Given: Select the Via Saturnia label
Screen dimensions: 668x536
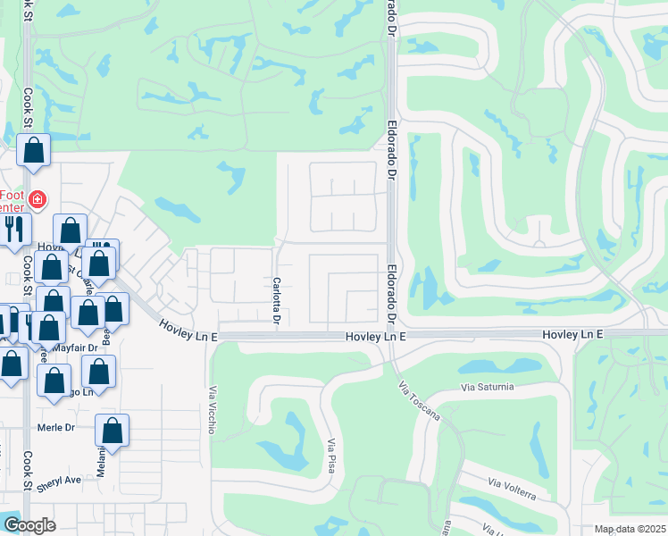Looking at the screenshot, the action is pyautogui.click(x=488, y=387).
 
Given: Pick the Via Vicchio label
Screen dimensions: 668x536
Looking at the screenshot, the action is pyautogui.click(x=213, y=409).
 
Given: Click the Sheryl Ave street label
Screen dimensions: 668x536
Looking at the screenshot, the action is pyautogui.click(x=59, y=480).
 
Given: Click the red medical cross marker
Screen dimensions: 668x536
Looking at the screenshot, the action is pyautogui.click(x=37, y=199).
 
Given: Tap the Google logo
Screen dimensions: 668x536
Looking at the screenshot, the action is pyautogui.click(x=30, y=525).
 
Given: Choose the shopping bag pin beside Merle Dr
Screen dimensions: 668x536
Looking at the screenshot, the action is pyautogui.click(x=112, y=431).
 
